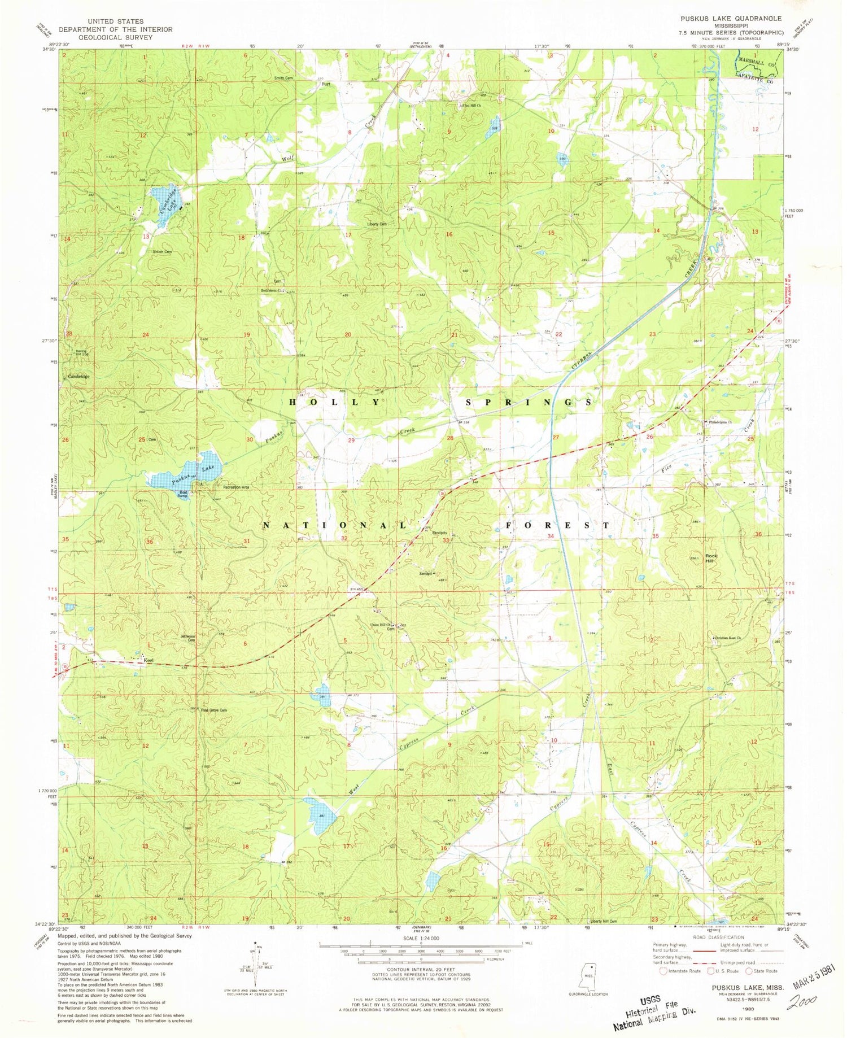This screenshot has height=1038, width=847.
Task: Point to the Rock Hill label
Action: (711, 559)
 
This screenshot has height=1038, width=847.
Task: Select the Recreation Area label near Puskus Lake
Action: (235, 487)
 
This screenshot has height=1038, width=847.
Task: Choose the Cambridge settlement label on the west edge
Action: (78, 376)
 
